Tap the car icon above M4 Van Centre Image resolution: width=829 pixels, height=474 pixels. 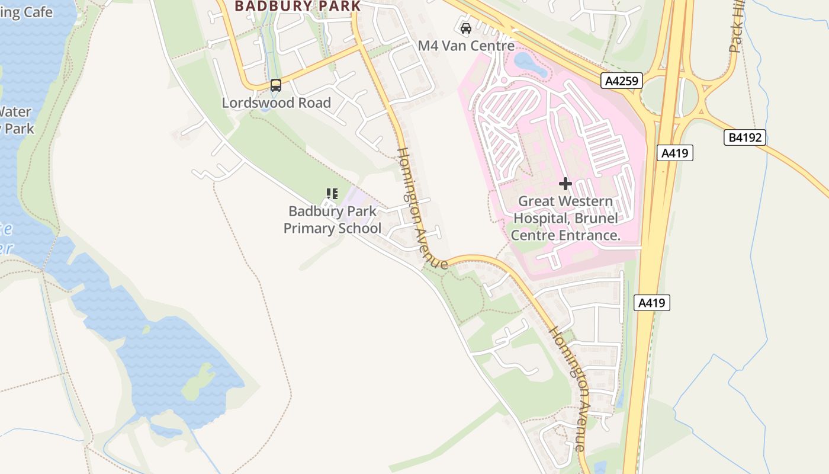point(466,28)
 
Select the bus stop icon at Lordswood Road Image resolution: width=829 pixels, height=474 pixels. point(276,85)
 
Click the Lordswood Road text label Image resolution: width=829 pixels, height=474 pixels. point(276,103)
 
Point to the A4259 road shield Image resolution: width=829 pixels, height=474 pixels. point(622,81)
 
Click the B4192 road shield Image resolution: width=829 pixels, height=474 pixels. point(745,138)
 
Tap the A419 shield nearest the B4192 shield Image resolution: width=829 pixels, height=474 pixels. point(674,153)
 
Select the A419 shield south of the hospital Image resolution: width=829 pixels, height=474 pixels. point(652,303)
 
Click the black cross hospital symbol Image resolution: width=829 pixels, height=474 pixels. point(565,184)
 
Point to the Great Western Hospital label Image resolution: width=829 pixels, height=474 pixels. point(565,218)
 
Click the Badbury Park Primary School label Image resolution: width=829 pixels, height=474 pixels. point(332,220)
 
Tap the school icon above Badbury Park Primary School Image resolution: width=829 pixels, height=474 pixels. point(332,193)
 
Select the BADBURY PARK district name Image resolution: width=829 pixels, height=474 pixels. point(297,6)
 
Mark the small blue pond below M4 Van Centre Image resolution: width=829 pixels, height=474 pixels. point(531,64)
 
